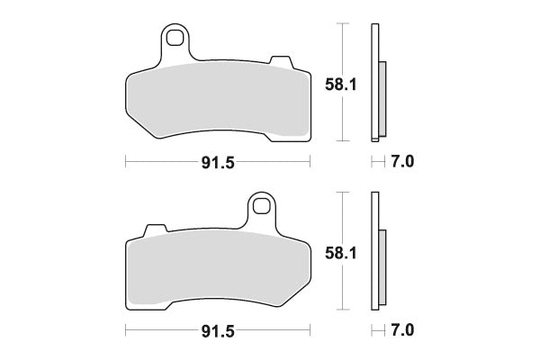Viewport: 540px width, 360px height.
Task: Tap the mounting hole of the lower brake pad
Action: point(262,206)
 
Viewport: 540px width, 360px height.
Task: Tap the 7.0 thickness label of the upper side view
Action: point(402,163)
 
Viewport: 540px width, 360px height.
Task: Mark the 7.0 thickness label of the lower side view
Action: point(402,332)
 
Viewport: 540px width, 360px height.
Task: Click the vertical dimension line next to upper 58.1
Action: point(341,54)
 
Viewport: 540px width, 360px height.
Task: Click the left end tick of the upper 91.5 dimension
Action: point(125,163)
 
